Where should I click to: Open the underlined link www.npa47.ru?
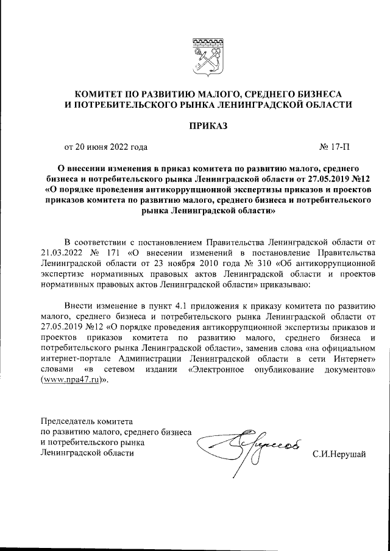click(69, 381)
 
